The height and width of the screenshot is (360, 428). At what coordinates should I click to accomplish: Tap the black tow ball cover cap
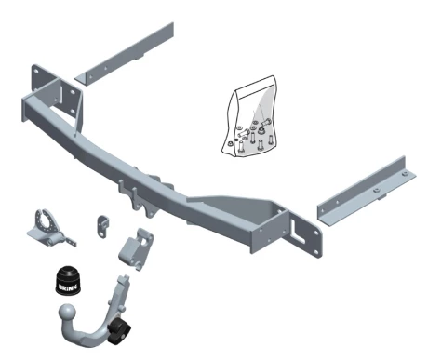(67, 279)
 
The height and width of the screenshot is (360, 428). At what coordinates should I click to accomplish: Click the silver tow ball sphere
(67, 313)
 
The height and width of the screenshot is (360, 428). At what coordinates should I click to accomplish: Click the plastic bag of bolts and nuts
(250, 116)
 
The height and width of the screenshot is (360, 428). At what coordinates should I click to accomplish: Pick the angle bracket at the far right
(366, 192)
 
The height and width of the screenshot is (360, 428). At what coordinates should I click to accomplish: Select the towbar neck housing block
(136, 249)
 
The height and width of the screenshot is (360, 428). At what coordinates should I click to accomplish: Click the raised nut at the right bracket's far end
(405, 174)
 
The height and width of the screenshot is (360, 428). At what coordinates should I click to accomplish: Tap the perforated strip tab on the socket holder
(70, 241)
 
